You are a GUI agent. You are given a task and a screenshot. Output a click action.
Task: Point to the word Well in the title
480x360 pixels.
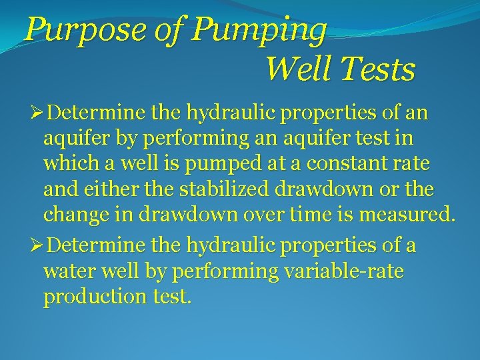point(291,69)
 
